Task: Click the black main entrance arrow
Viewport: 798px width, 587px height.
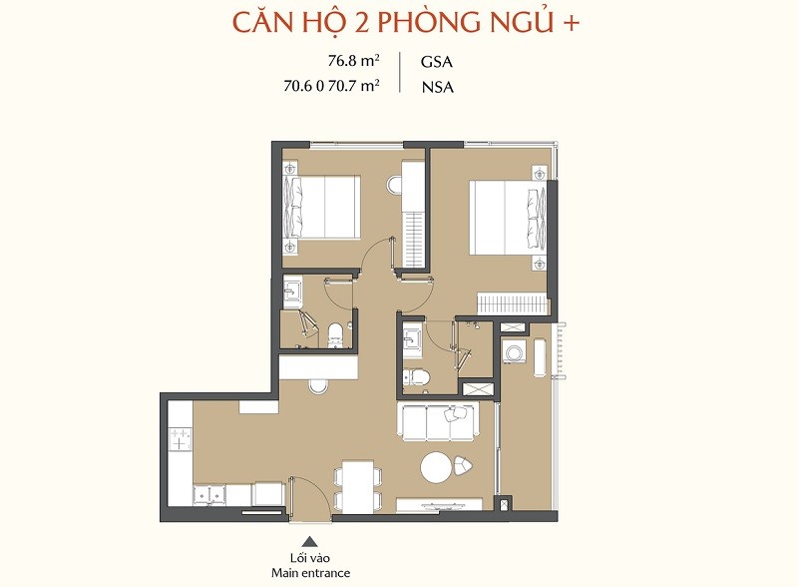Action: click(x=310, y=542)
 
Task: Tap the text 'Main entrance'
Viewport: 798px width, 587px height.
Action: click(x=310, y=573)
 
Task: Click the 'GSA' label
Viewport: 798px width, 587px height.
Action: click(x=437, y=62)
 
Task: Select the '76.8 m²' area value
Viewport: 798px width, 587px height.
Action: click(x=354, y=61)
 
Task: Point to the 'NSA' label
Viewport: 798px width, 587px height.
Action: click(x=438, y=88)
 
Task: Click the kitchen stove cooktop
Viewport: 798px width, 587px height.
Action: click(x=181, y=439)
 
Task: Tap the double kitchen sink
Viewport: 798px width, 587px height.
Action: click(x=209, y=495)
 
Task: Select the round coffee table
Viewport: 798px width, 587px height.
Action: click(x=436, y=467)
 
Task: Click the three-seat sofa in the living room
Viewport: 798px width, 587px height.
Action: click(x=438, y=421)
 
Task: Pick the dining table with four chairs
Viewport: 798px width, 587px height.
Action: click(x=357, y=485)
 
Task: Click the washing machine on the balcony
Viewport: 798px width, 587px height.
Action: click(x=515, y=352)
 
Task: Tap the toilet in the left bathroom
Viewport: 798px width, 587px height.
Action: click(x=335, y=335)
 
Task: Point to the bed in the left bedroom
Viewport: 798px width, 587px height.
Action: click(x=321, y=207)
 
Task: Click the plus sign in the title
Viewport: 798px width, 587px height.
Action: click(x=571, y=23)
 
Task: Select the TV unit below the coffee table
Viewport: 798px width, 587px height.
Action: click(x=439, y=504)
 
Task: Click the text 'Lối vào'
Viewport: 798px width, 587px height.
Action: click(x=310, y=558)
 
